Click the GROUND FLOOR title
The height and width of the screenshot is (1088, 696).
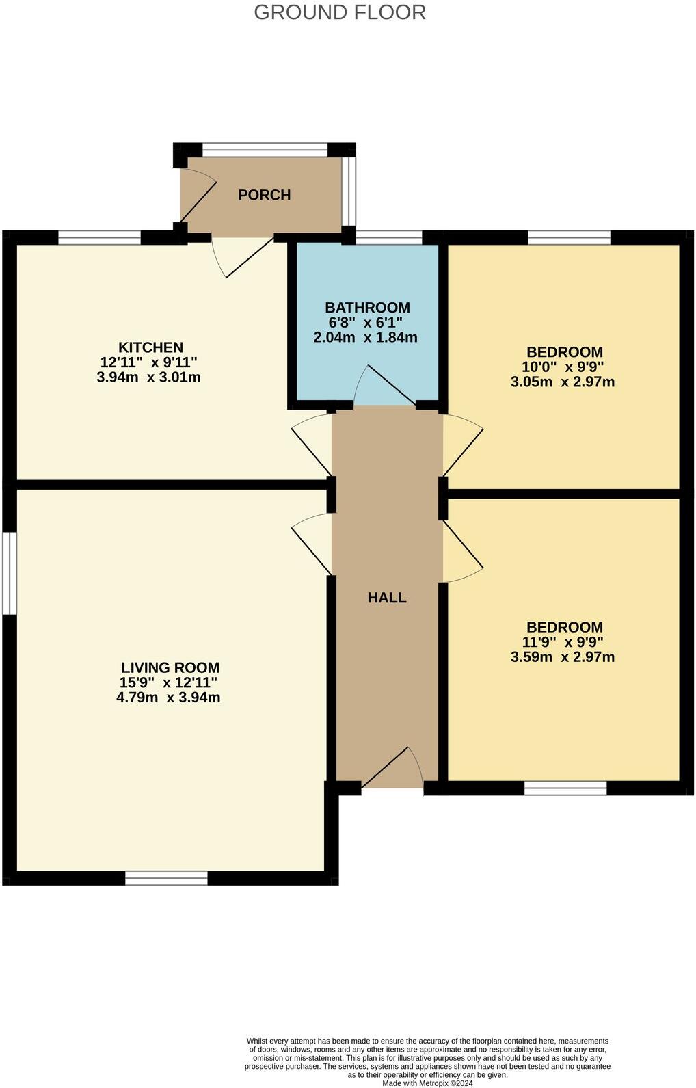pos(340,12)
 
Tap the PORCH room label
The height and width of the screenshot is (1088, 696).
pos(264,195)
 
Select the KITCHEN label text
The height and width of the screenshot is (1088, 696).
pos(150,347)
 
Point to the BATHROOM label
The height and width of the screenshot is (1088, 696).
pos(367,308)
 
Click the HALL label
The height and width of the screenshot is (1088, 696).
pos(387,598)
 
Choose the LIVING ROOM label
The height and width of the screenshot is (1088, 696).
pos(170,667)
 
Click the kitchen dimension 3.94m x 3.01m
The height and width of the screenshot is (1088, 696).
pos(148,377)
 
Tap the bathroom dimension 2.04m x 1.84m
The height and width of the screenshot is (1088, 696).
pos(365,337)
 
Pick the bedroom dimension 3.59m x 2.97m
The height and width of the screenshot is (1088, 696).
pos(562,657)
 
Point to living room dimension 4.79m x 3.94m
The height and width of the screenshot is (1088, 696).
pos(168,698)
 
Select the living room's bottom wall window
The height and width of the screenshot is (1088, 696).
pos(166,878)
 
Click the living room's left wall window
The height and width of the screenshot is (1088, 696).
pos(8,573)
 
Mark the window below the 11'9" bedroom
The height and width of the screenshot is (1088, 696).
pos(565,788)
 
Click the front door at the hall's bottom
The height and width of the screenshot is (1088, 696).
pos(392,770)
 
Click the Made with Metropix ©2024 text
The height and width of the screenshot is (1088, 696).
pos(427,1083)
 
